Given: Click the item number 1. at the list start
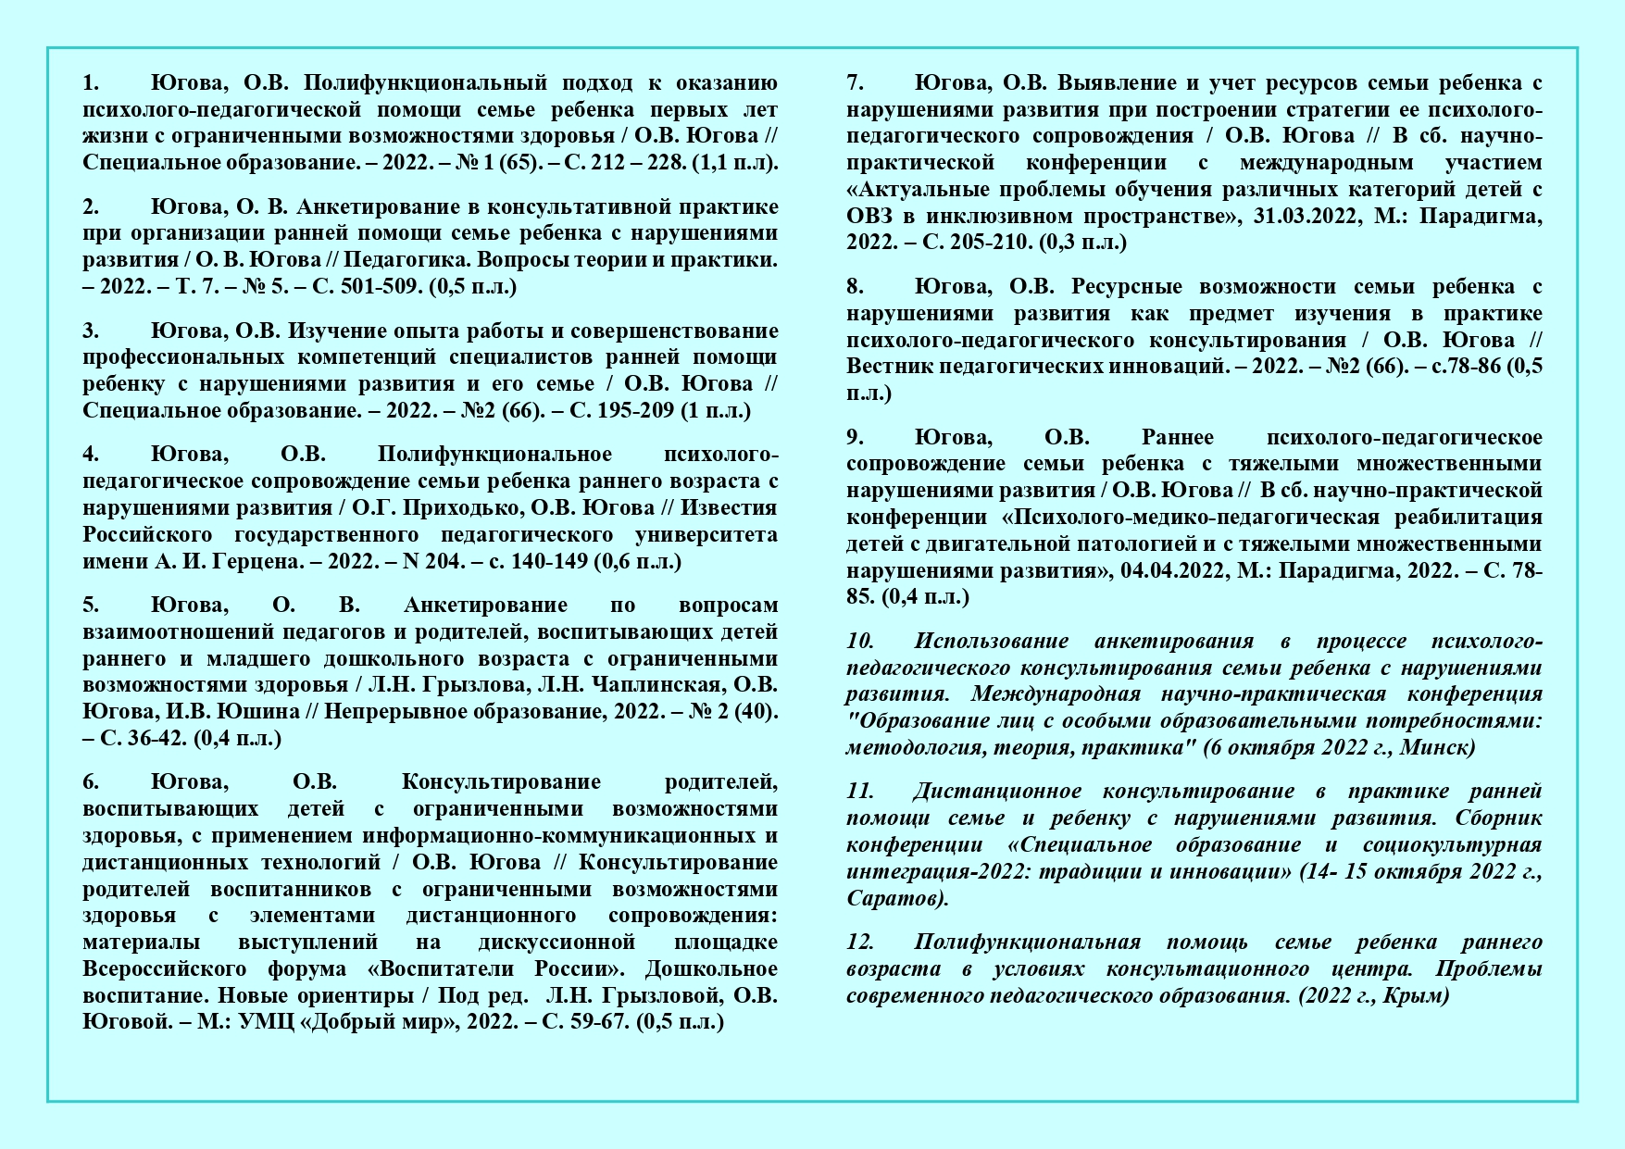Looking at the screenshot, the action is (x=91, y=83).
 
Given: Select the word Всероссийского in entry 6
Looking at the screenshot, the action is (x=164, y=969).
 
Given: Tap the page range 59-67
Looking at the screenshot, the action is (x=602, y=1022).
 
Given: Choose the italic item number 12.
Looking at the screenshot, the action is (x=859, y=943).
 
